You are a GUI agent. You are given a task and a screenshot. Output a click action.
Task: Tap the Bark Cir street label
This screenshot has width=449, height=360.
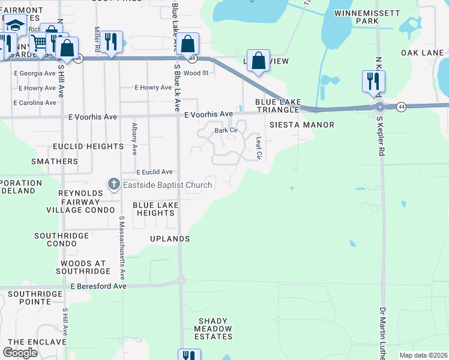[226, 130]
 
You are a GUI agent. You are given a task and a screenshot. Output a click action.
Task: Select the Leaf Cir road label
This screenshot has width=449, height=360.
[259, 148]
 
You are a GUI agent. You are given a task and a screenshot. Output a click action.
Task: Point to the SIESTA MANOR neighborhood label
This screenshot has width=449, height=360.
[293, 125]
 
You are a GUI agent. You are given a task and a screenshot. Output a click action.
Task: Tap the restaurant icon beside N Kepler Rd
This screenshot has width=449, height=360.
[373, 81]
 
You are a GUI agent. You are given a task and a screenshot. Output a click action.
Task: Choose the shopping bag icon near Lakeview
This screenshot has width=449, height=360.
[258, 61]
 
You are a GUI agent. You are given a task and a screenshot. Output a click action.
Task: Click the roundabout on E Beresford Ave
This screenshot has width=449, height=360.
[181, 280]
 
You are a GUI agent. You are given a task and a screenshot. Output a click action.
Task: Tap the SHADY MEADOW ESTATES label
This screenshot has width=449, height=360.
[214, 329]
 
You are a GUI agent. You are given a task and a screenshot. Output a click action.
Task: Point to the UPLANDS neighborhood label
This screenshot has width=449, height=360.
[170, 239]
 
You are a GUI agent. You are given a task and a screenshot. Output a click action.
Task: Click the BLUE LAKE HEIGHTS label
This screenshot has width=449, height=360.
[154, 209]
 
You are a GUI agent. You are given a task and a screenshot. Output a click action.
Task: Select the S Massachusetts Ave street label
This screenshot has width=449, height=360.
[121, 249]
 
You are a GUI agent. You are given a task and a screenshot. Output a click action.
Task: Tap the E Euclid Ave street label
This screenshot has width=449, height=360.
[154, 172]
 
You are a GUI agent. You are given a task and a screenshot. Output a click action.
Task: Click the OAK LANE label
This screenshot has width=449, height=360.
[422, 53]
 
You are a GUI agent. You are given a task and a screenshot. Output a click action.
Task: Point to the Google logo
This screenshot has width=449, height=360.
[20, 353]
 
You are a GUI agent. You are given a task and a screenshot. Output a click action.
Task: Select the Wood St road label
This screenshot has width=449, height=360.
[196, 73]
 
